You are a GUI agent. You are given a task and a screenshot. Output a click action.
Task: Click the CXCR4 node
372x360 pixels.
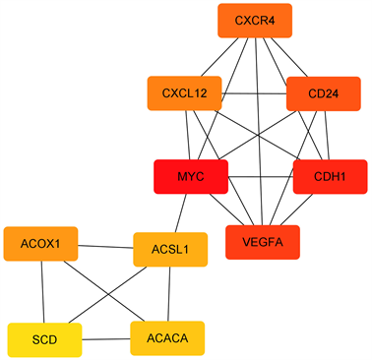coord(255,21)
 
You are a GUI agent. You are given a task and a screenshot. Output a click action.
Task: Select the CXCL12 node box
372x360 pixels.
coord(185,93)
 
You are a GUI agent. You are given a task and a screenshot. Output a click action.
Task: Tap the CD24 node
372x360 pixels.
coord(323,94)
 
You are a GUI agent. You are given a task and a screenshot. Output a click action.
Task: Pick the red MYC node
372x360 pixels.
coord(191,177)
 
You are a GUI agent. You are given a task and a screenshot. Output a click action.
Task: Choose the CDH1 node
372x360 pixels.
coord(330,177)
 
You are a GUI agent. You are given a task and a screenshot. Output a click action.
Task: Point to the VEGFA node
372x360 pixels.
coord(263,242)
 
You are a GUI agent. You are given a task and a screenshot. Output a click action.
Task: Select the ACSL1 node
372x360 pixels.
coord(169,250)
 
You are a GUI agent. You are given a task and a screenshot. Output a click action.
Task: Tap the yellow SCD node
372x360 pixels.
coord(44,339)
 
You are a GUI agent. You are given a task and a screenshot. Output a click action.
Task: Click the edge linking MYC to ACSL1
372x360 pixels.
coord(180,213)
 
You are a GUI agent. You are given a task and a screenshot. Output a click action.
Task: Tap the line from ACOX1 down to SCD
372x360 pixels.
coord(42,292)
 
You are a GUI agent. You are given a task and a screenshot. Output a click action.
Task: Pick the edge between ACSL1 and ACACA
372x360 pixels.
coord(169,294)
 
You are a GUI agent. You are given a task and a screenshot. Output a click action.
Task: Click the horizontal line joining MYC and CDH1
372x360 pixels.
coord(261,177)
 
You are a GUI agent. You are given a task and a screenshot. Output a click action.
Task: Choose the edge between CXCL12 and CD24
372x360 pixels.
coord(254,93)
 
